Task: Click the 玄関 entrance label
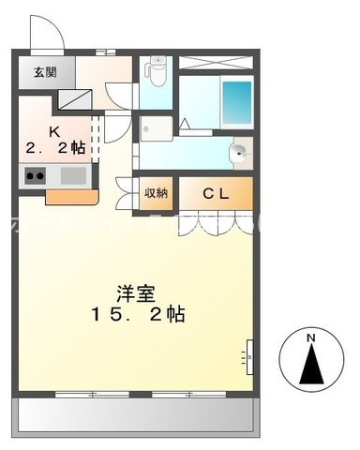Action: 44,72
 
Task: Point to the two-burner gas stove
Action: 35,175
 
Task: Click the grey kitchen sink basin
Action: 73,175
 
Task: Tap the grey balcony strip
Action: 137,413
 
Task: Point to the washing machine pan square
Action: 155,127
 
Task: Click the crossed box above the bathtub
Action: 216,64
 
